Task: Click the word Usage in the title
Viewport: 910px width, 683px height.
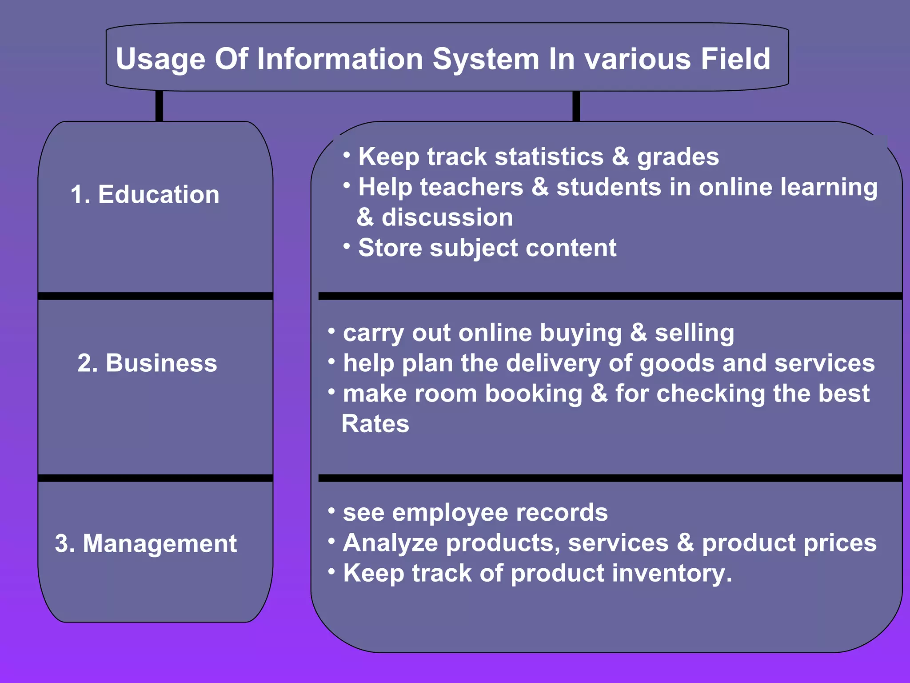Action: pos(160,59)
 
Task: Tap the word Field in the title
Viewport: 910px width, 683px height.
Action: pos(735,59)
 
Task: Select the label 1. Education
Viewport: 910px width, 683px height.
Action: pos(145,194)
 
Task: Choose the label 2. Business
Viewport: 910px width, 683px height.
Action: pos(147,363)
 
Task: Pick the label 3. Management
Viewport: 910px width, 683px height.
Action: pos(146,543)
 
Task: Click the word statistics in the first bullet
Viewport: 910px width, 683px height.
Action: pos(549,157)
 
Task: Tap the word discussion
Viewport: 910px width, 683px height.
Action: pos(447,217)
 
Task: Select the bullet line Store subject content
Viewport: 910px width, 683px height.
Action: pos(487,248)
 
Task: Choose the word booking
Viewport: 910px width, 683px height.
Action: pos(533,394)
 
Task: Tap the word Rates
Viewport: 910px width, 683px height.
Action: pos(375,424)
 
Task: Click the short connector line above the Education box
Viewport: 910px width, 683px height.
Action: pos(159,106)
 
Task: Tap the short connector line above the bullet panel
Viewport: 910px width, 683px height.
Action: pos(576,106)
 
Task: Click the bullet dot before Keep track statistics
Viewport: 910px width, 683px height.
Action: pos(347,154)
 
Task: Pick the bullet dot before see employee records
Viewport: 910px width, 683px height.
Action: pos(331,510)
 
